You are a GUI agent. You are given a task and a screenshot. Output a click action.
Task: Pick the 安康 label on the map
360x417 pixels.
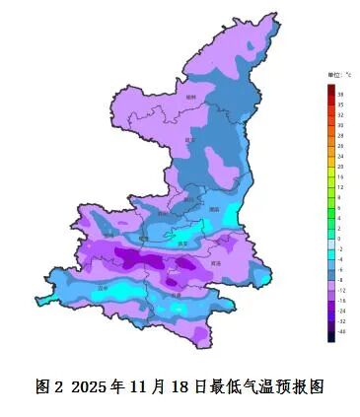point(176,294)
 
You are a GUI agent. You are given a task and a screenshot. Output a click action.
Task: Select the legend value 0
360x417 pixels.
point(339,239)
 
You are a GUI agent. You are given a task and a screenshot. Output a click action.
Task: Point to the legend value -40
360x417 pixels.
point(340,331)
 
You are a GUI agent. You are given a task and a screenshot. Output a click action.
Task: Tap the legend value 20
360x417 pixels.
point(339,167)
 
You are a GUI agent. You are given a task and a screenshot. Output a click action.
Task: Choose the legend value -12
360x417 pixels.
point(340,291)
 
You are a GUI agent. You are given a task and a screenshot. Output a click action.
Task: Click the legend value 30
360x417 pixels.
point(339,125)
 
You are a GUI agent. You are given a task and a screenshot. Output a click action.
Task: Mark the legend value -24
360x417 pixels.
point(340,311)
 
